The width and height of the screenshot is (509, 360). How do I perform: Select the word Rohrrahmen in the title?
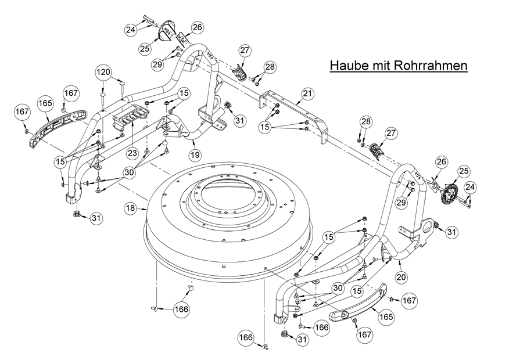pyautogui.click(x=431, y=65)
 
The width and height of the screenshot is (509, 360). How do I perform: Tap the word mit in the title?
pyautogui.click(x=381, y=65)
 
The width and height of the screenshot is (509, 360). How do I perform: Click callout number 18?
pyautogui.click(x=131, y=207)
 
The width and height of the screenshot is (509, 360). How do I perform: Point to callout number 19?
pyautogui.click(x=195, y=154)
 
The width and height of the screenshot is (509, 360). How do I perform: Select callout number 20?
pyautogui.click(x=402, y=278)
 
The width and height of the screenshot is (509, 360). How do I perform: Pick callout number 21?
pyautogui.click(x=307, y=94)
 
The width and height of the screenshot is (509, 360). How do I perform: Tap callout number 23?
pyautogui.click(x=132, y=153)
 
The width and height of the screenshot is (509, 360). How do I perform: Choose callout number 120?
pyautogui.click(x=103, y=71)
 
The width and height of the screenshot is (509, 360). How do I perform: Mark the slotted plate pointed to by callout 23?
pyautogui.click(x=131, y=118)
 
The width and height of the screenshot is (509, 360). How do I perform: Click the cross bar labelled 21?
pyautogui.click(x=294, y=110)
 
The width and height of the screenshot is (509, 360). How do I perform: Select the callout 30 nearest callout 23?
pyautogui.click(x=129, y=172)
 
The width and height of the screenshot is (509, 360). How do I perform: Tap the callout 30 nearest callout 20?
pyautogui.click(x=338, y=287)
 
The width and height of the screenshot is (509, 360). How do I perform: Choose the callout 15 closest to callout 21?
pyautogui.click(x=265, y=127)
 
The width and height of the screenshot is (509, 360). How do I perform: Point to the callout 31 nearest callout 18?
pyautogui.click(x=96, y=218)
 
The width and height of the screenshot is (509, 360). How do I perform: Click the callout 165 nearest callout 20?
pyautogui.click(x=386, y=316)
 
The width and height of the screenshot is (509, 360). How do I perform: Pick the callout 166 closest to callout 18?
pyautogui.click(x=181, y=309)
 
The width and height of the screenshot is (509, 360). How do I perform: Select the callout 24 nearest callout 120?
pyautogui.click(x=131, y=30)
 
